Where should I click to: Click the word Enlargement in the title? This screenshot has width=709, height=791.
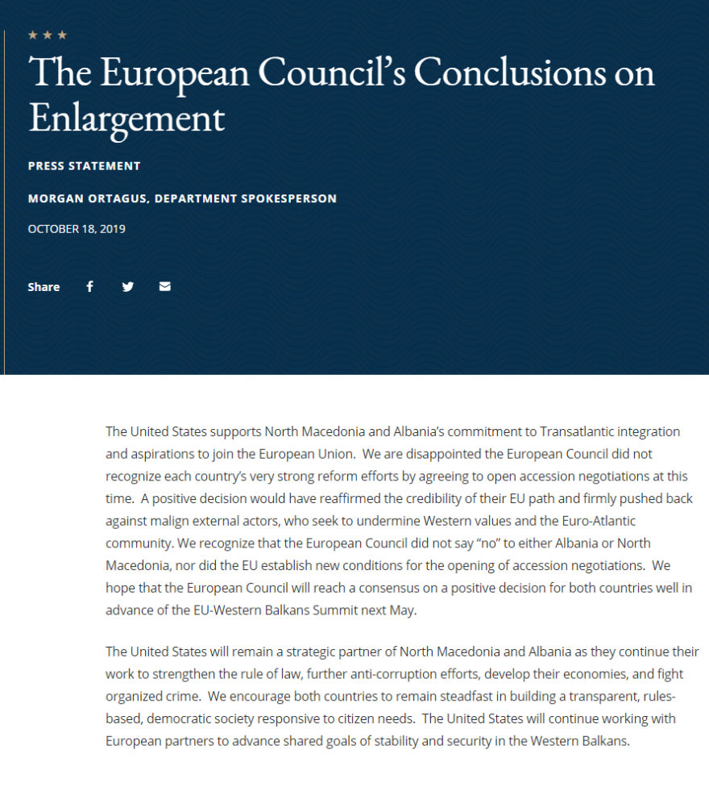click(126, 118)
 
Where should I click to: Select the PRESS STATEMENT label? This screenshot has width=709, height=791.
click(84, 166)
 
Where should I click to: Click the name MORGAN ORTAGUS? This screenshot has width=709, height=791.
click(86, 198)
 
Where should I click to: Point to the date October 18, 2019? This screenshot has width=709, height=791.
click(77, 229)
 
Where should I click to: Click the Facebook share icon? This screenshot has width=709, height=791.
click(89, 286)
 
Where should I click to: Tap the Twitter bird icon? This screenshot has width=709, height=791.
click(127, 286)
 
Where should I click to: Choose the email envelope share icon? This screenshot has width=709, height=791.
click(165, 286)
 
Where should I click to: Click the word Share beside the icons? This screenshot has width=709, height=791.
click(44, 287)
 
